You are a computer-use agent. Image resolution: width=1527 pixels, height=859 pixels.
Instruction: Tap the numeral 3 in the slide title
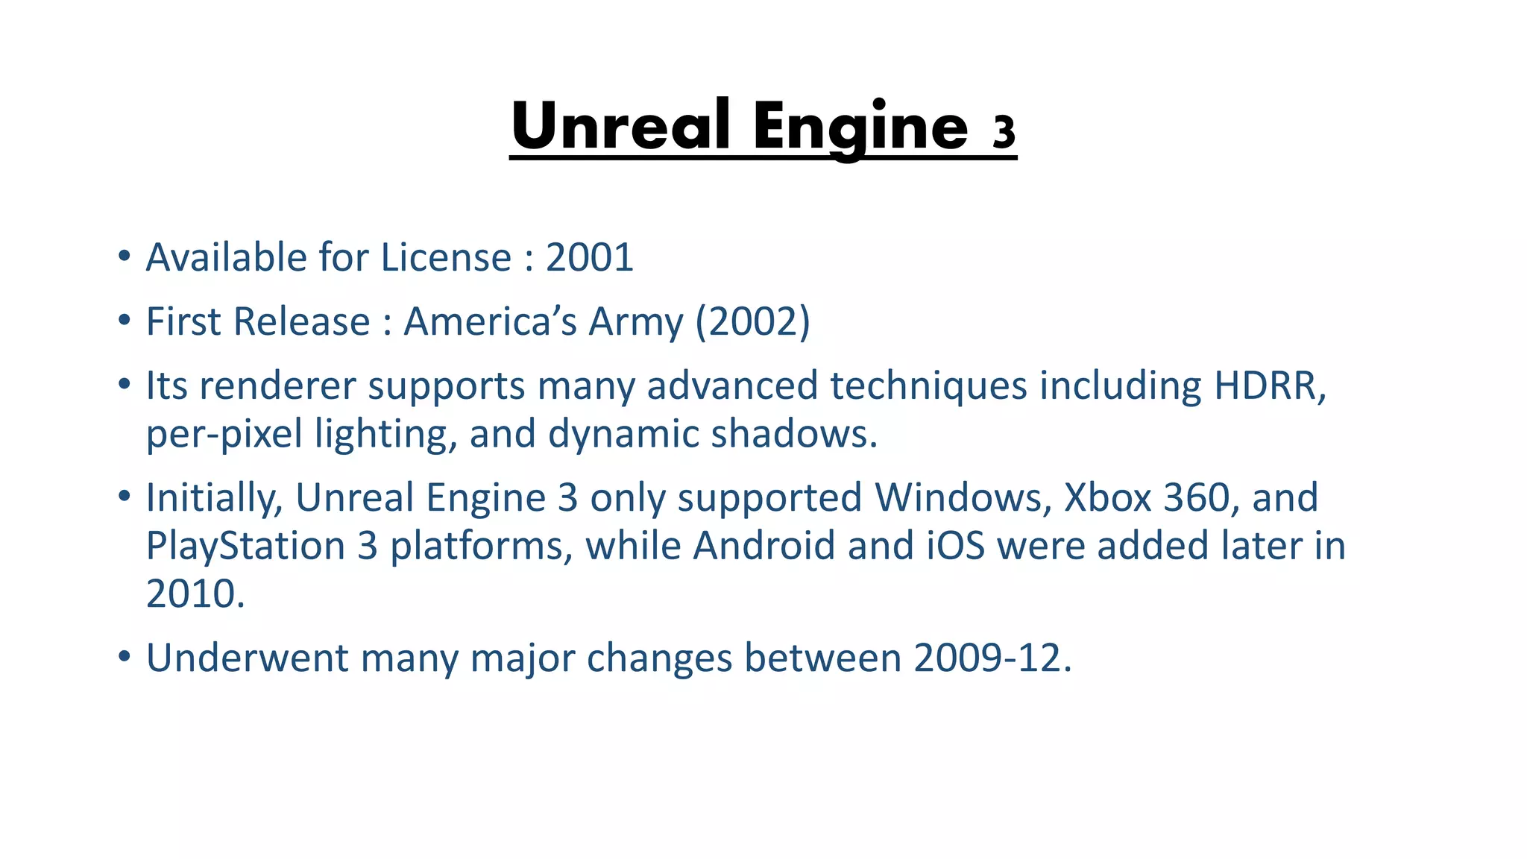(1004, 132)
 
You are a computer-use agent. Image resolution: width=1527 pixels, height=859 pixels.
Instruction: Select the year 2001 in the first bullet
(589, 258)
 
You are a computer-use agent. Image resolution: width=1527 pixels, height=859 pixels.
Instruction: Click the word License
(446, 258)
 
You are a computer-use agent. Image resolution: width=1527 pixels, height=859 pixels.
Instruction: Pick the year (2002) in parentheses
(752, 322)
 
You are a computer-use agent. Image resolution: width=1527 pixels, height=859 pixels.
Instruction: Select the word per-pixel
(224, 435)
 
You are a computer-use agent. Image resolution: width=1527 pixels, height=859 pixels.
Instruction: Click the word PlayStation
(245, 546)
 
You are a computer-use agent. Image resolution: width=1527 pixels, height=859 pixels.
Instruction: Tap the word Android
(763, 546)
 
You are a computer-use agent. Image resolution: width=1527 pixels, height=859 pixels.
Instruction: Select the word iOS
(956, 546)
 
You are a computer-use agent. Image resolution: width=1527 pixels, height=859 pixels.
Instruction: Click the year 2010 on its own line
(194, 594)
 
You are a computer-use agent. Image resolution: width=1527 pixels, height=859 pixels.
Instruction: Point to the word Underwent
(247, 658)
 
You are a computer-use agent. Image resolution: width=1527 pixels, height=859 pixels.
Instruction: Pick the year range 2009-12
(992, 658)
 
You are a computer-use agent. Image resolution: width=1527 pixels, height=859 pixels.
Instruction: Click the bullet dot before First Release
(124, 321)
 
